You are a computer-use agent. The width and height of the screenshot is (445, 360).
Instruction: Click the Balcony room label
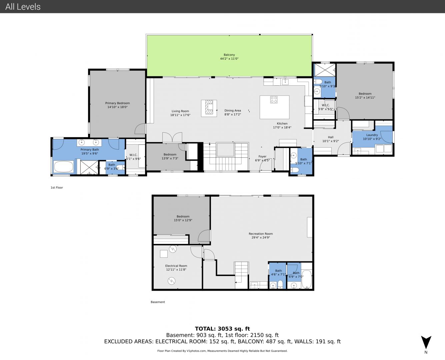[x=229, y=55]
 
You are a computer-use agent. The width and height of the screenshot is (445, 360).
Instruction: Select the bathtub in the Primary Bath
[x=64, y=167]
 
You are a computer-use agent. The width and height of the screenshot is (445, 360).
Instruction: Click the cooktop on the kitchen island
[x=274, y=100]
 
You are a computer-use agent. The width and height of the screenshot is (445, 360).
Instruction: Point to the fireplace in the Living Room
[x=209, y=108]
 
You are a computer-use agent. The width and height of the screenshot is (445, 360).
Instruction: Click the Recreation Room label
[x=261, y=234]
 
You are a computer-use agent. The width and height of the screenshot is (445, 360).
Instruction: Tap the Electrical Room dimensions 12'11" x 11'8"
[x=176, y=270]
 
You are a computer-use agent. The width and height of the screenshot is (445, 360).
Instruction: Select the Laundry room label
[x=372, y=135]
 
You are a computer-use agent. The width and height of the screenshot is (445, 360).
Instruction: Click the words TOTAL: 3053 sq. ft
[x=222, y=329]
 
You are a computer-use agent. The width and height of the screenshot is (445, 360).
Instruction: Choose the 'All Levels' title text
[x=23, y=7]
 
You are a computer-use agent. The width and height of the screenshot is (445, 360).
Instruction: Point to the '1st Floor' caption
[x=57, y=187]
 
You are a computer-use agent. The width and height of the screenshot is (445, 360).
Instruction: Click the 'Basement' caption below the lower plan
[x=158, y=302]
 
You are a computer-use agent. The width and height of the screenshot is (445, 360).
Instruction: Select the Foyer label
[x=262, y=156]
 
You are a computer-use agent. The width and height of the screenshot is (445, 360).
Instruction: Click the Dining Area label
[x=233, y=111]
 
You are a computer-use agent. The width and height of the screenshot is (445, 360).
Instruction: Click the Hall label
[x=331, y=137]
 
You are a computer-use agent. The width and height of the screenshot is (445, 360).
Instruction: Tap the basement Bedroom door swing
[x=204, y=236]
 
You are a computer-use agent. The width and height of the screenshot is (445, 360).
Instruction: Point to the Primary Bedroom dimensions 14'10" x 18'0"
[x=117, y=107]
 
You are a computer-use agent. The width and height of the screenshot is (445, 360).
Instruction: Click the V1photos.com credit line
[x=222, y=351]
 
